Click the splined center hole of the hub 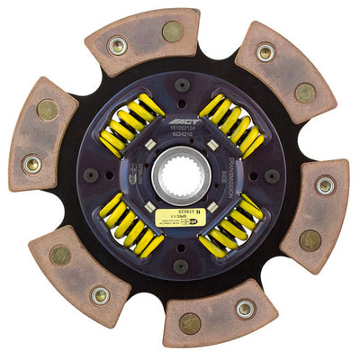click(180, 174)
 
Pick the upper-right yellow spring click(231, 125)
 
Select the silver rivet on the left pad click(33, 165)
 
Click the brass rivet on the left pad click(48, 110)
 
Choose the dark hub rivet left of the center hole click(90, 175)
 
